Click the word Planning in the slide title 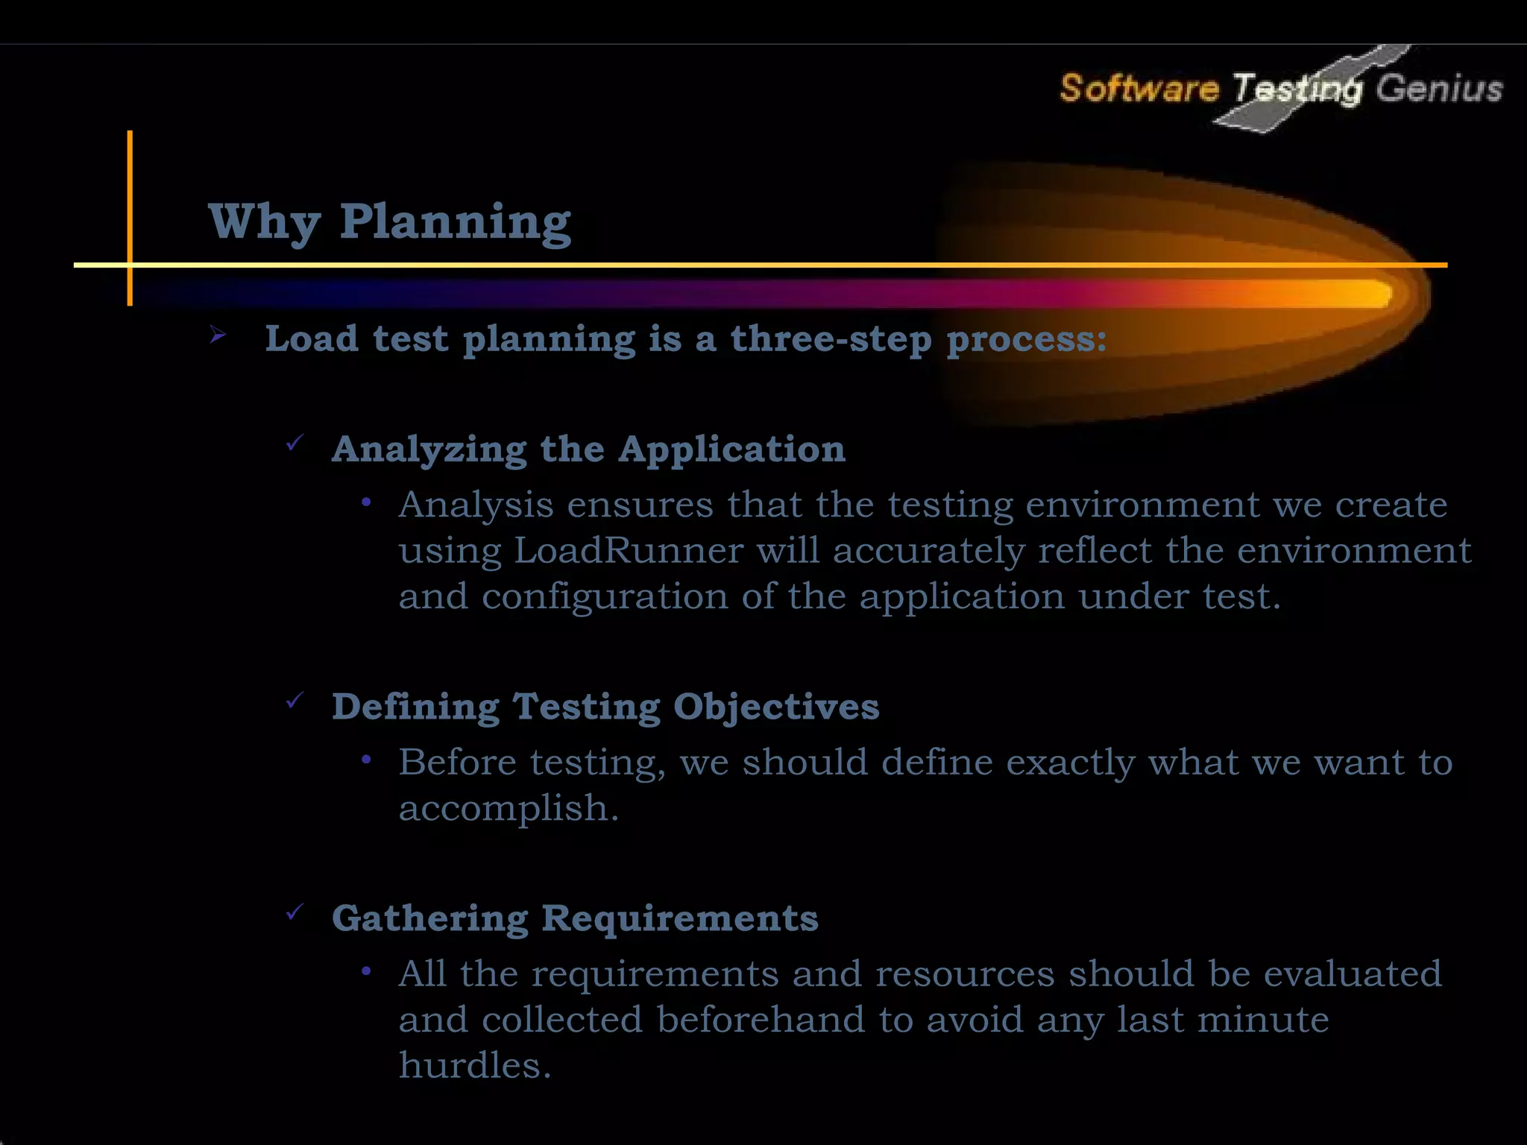(x=456, y=222)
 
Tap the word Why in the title (x=265, y=222)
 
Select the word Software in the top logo (x=1139, y=89)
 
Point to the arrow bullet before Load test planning (x=218, y=335)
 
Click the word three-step (x=831, y=339)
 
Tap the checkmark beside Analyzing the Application (x=295, y=444)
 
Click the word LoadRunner (x=628, y=551)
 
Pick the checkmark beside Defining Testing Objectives (x=295, y=701)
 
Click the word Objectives (x=776, y=707)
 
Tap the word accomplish (x=509, y=809)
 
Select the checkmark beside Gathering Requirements (x=295, y=912)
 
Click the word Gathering (x=429, y=918)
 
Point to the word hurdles (x=474, y=1065)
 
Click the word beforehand (x=761, y=1020)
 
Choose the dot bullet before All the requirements (x=366, y=971)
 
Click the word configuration (x=605, y=596)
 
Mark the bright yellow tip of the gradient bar (x=1376, y=293)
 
